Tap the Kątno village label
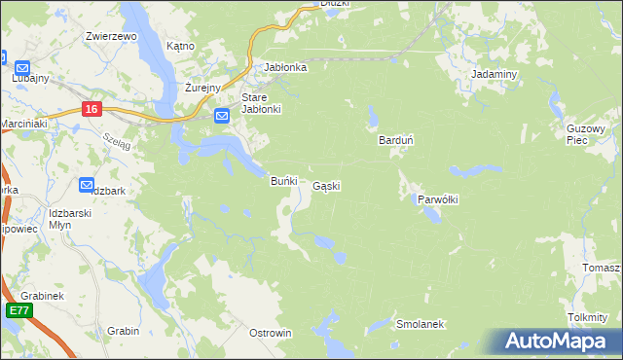point(181,46)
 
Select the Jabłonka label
point(286,67)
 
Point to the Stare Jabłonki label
point(261,103)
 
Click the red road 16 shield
point(92,110)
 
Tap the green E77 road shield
point(18,310)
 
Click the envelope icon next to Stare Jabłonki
point(221,117)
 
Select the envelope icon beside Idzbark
point(86,183)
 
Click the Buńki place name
point(282,181)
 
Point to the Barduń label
point(396,140)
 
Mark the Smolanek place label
point(421,323)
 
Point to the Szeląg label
point(114,139)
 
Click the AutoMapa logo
point(559,341)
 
